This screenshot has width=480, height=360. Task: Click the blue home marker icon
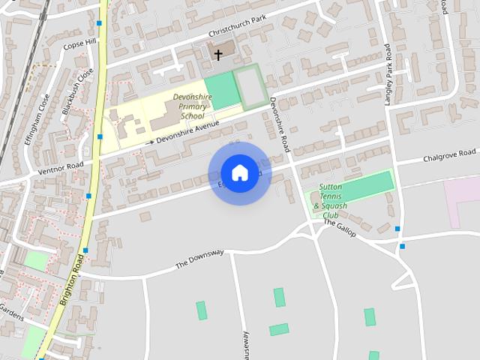click(x=239, y=173)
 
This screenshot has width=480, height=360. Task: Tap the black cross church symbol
click(x=218, y=55)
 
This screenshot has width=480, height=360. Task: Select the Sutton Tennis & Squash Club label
click(x=331, y=200)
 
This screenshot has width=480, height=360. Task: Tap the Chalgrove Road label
click(x=449, y=156)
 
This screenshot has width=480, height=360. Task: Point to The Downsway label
click(x=199, y=259)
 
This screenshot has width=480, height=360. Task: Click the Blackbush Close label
click(x=77, y=91)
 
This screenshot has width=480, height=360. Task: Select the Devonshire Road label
click(x=280, y=124)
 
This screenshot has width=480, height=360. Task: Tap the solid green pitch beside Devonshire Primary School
click(x=220, y=91)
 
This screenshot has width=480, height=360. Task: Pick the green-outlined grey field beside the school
click(x=250, y=87)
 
